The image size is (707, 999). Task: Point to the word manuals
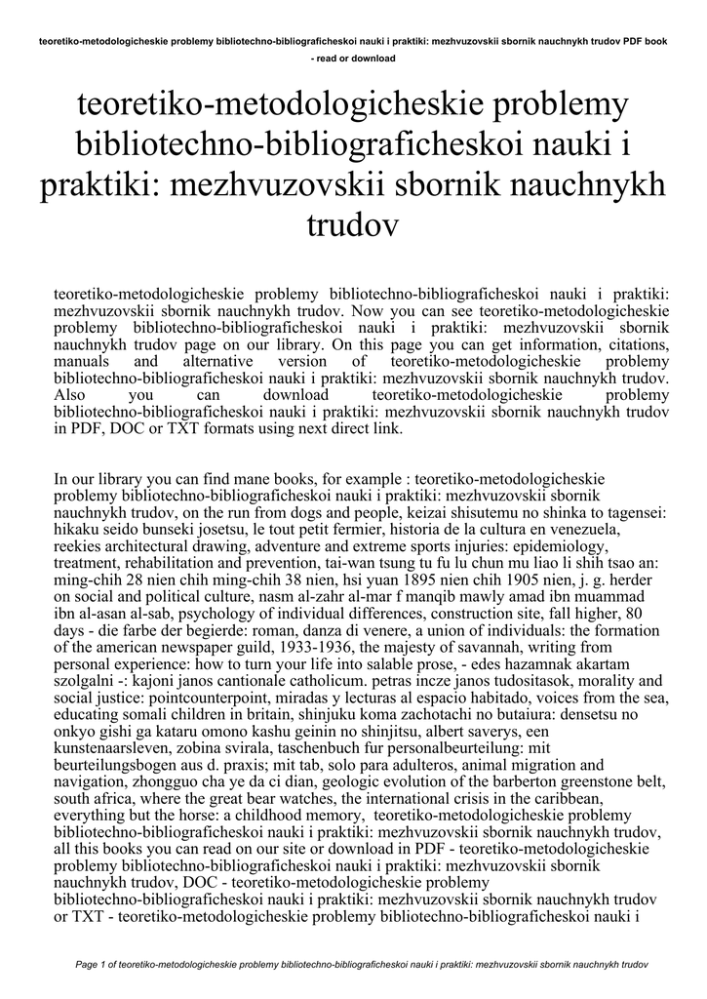pos(80,361)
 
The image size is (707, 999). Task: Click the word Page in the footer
pos(87,965)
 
